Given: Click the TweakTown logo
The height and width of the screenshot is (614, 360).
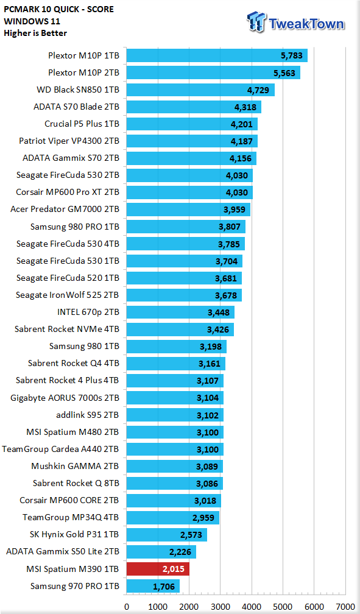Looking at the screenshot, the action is click(296, 22).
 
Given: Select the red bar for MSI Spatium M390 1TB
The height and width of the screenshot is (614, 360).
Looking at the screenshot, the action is click(158, 568).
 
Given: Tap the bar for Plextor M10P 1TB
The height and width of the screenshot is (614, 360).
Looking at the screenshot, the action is click(217, 55).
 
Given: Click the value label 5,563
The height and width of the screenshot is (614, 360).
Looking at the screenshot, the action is click(285, 73).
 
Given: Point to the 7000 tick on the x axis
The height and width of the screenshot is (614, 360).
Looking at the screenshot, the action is click(345, 607).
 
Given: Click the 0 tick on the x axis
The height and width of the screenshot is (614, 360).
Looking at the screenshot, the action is click(127, 607).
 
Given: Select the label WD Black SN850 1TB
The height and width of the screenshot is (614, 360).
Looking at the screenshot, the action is click(78, 90).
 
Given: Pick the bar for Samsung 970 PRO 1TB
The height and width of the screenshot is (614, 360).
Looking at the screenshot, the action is click(153, 586).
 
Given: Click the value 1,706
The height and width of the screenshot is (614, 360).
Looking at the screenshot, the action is click(164, 587).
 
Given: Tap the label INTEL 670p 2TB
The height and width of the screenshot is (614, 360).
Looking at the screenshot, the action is click(88, 312).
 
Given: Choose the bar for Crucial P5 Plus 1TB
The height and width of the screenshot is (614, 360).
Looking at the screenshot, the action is click(192, 124).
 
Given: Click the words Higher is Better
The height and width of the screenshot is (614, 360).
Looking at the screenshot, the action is click(35, 34).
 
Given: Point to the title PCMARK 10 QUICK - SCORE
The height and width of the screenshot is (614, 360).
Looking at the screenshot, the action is click(58, 9).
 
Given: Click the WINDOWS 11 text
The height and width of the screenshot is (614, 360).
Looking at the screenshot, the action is click(32, 21).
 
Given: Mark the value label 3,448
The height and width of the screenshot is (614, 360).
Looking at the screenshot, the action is click(218, 312).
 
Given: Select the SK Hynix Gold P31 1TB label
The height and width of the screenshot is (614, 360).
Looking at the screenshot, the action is click(74, 534).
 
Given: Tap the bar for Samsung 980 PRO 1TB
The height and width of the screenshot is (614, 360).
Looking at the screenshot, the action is click(186, 227).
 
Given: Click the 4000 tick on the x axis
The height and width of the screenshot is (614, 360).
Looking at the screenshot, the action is click(252, 607).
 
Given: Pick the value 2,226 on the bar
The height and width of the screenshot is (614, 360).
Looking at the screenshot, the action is click(180, 552).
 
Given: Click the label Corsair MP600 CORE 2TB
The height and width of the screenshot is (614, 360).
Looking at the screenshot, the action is click(69, 500).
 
